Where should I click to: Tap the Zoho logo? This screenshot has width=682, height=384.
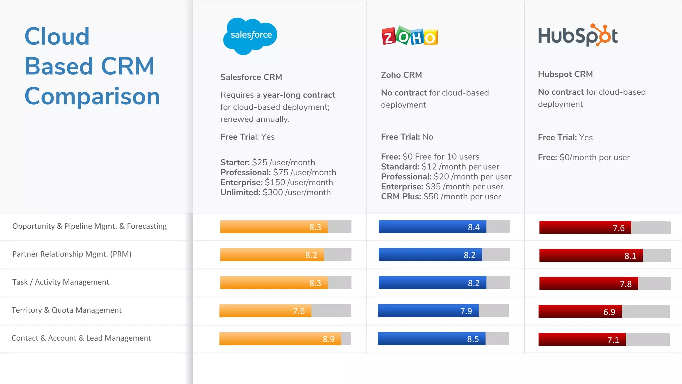(x=410, y=36)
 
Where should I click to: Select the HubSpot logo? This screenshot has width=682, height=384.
(x=578, y=35)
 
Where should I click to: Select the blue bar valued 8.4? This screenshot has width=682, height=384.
(x=432, y=227)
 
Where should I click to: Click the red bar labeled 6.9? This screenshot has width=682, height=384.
(x=579, y=312)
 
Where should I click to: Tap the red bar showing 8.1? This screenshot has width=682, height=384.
(x=591, y=256)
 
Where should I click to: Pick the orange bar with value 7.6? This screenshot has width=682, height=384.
(x=265, y=311)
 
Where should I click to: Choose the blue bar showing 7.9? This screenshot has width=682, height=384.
(x=428, y=311)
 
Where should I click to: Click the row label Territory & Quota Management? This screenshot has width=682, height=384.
(x=67, y=310)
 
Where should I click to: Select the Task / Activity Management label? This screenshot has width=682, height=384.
(x=61, y=282)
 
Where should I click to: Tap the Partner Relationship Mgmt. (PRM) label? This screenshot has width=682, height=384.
(x=72, y=254)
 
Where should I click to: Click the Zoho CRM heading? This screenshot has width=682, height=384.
(x=401, y=75)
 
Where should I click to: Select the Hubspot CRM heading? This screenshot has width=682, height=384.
(x=565, y=74)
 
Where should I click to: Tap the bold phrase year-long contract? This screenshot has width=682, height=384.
(x=299, y=95)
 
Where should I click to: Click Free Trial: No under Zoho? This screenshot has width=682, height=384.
(x=407, y=137)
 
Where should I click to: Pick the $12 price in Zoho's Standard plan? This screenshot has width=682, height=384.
(x=429, y=167)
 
